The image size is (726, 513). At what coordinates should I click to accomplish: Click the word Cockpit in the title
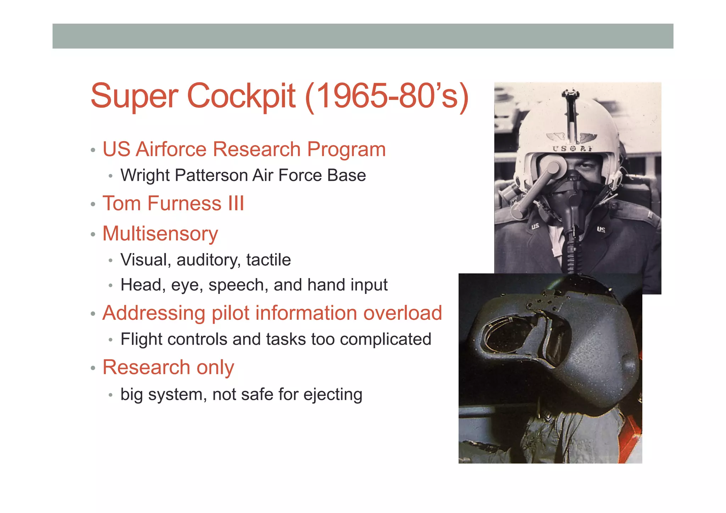[x=241, y=96]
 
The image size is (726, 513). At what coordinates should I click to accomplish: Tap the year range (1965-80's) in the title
[x=386, y=96]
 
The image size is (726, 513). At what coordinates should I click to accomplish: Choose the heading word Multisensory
[x=160, y=234]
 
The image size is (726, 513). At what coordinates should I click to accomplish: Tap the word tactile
[x=268, y=260]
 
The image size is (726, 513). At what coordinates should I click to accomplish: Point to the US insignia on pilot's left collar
[x=601, y=230]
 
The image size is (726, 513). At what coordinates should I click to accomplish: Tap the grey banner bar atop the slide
[x=363, y=36]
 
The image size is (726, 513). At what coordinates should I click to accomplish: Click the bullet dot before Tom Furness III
[x=93, y=204]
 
